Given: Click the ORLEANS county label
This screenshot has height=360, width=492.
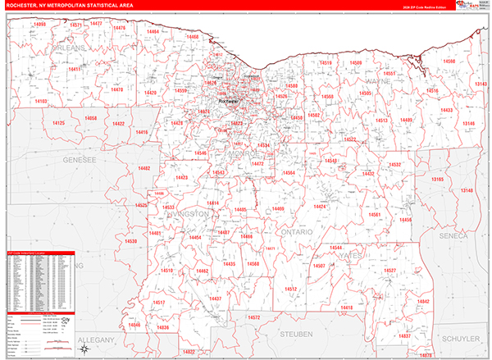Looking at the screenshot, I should [x=69, y=50].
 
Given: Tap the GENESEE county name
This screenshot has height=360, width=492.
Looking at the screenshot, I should [x=79, y=161].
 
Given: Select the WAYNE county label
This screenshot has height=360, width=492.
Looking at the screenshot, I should [x=378, y=82].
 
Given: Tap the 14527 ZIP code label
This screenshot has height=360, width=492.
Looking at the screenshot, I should [x=389, y=270].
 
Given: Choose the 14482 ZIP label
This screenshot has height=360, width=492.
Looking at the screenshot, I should [x=144, y=168].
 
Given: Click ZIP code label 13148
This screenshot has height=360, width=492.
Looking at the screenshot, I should [x=467, y=191].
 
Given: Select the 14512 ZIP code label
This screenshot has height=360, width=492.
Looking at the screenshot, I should [x=290, y=289].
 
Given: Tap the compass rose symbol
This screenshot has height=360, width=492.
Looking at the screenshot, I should [x=84, y=349].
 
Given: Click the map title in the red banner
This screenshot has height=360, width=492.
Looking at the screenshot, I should [x=66, y=5].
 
